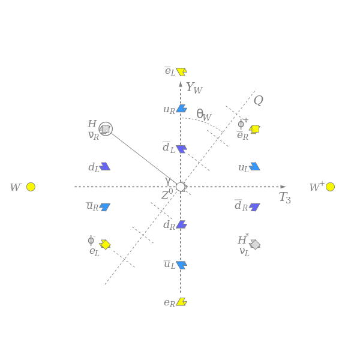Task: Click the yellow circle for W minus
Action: [x=31, y=187]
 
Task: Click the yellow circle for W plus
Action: [x=330, y=187]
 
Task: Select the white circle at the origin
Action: [x=181, y=187]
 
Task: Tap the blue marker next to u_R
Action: [x=182, y=109]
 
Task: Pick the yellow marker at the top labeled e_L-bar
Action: [x=182, y=71]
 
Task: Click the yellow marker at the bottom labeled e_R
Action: [x=182, y=302]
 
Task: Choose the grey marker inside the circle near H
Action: [x=105, y=129]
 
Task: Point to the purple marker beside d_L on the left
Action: [x=105, y=166]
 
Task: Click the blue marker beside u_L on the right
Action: [x=254, y=166]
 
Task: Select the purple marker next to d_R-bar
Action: [x=254, y=207]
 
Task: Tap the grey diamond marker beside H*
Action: [x=255, y=245]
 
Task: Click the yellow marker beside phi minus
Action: [x=105, y=245]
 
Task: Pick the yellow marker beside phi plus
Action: [x=254, y=129]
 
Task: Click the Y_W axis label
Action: [x=194, y=88]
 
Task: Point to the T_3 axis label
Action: [x=285, y=197]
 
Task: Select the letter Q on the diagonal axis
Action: [x=259, y=100]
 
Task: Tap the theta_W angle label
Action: [x=204, y=115]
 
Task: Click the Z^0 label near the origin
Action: [x=167, y=194]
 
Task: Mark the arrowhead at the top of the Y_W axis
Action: [x=181, y=84]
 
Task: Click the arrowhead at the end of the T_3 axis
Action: [x=283, y=187]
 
